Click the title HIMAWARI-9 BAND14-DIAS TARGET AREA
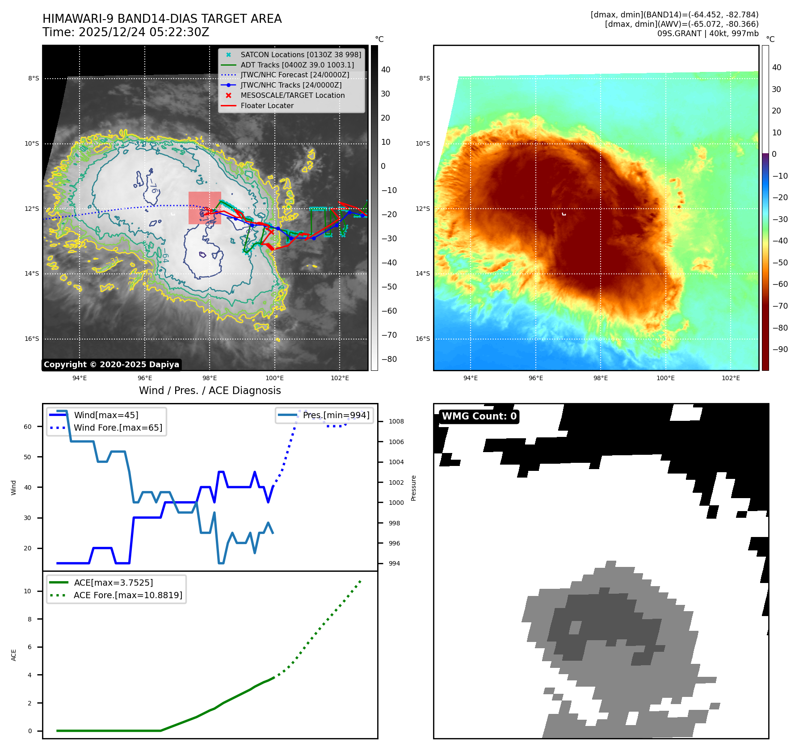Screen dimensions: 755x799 click(x=162, y=19)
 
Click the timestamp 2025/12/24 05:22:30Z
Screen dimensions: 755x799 click(x=143, y=32)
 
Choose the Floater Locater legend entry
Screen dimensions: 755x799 click(x=267, y=105)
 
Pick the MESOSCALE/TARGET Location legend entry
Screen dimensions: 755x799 click(x=292, y=95)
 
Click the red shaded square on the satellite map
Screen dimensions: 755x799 click(x=205, y=208)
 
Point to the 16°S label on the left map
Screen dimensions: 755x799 click(x=32, y=339)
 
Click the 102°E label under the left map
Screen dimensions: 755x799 click(x=340, y=378)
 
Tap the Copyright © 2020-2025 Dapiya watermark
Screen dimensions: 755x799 click(x=111, y=365)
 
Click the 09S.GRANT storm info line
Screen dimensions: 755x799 click(x=707, y=34)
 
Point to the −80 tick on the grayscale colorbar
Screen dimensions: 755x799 click(x=389, y=359)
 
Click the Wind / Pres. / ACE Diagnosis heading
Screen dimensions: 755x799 click(x=210, y=390)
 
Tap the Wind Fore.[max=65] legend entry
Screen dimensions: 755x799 click(x=118, y=428)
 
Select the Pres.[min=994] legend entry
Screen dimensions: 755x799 click(x=336, y=415)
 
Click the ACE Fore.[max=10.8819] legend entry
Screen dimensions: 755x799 click(x=128, y=595)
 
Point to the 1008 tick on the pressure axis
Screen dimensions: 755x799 click(x=396, y=421)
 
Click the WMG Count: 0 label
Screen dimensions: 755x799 click(x=479, y=416)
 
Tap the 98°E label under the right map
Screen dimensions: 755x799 click(x=600, y=378)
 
